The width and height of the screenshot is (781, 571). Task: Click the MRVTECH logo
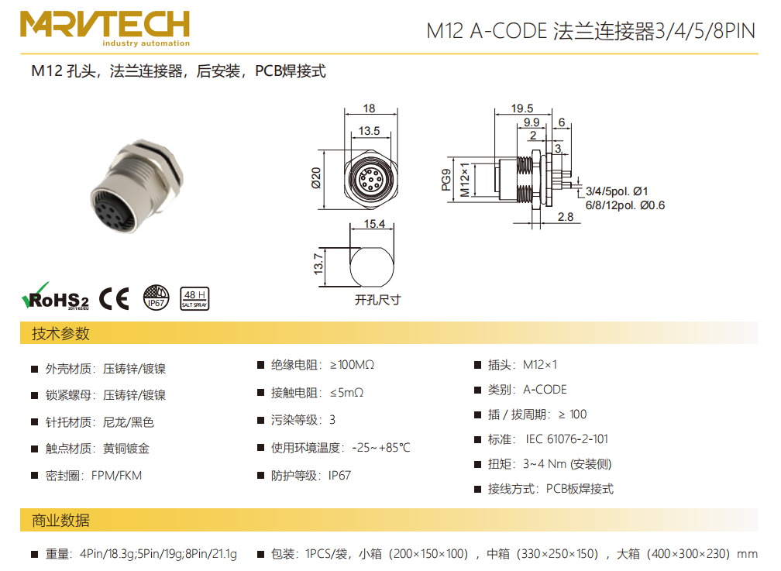[105, 29]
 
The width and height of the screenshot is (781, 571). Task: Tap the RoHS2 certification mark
[55, 297]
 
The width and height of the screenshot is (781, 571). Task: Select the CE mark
[114, 298]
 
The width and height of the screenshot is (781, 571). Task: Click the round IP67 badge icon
[156, 298]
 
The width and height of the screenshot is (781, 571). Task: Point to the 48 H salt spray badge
[194, 298]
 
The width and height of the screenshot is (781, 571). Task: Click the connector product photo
[137, 186]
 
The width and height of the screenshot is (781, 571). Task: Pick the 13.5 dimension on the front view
[369, 131]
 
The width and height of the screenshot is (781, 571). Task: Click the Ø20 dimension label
[316, 178]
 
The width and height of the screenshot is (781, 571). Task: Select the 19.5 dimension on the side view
[522, 108]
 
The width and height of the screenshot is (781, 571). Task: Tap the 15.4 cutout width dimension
[374, 224]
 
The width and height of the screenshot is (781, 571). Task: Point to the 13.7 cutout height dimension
[318, 263]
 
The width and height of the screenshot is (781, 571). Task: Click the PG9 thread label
[446, 180]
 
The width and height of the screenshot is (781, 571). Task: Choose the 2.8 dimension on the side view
[566, 217]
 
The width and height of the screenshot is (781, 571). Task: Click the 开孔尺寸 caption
[377, 300]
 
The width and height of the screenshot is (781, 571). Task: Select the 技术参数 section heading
[60, 333]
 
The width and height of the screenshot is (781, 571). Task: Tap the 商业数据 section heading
[60, 520]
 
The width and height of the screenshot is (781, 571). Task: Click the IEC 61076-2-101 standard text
[567, 439]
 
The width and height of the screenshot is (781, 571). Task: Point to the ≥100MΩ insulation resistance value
[352, 365]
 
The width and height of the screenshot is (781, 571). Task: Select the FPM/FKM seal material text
[116, 476]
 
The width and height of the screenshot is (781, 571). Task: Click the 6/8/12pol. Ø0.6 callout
[625, 205]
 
